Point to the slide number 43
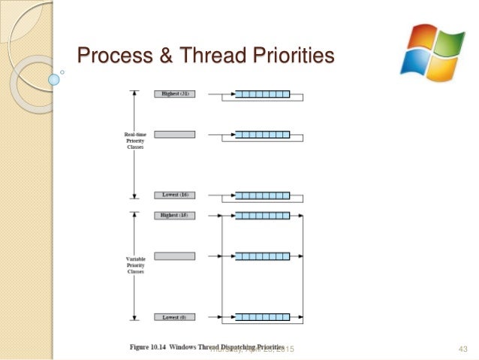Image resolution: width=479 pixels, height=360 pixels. [462, 349]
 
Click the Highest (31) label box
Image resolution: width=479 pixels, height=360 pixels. [175, 94]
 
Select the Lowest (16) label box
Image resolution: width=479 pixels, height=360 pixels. [175, 195]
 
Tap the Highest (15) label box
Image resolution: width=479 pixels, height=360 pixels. [175, 216]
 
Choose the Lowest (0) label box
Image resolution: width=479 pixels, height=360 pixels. [175, 317]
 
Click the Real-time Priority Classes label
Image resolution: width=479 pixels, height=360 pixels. [136, 141]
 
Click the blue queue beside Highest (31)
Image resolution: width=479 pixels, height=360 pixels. [262, 94]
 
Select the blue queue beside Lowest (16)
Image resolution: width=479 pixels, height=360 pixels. [262, 195]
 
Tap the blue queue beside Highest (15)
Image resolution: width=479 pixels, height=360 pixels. [262, 216]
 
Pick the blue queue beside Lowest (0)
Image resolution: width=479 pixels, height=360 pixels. [262, 317]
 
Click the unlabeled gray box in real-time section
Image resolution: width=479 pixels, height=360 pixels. [175, 135]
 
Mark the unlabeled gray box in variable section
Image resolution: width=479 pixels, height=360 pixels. [175, 256]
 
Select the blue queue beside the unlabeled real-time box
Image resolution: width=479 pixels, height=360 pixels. [262, 135]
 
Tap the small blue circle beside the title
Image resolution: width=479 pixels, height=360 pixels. [53, 78]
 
